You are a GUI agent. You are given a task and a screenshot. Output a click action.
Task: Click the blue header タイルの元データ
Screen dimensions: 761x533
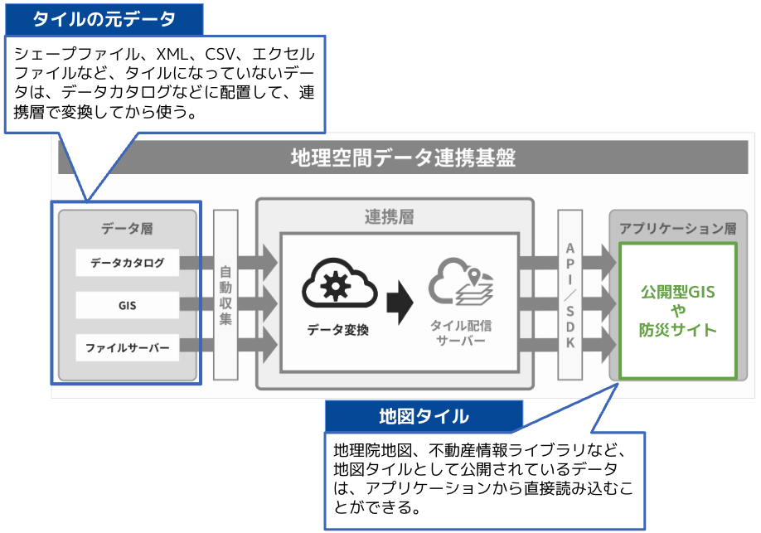[104, 19]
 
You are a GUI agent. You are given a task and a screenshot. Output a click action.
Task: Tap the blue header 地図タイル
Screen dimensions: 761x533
[424, 416]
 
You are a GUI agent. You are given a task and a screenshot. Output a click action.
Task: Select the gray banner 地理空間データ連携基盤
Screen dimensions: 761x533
[403, 157]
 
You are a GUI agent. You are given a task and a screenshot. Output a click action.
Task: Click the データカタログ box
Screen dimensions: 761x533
[127, 263]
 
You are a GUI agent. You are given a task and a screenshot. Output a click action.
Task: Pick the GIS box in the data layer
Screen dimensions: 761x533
[127, 305]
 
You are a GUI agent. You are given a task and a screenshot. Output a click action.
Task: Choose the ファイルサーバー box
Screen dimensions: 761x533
[127, 347]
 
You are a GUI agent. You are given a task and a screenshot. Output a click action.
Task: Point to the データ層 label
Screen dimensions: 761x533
[127, 228]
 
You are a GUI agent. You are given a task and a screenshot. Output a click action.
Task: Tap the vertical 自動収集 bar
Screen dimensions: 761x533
[225, 294]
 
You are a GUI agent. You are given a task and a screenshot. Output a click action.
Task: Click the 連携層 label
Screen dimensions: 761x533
[390, 217]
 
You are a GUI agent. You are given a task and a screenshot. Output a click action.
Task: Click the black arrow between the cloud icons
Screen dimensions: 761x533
[400, 302]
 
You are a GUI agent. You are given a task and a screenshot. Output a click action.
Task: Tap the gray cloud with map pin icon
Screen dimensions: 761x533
[461, 282]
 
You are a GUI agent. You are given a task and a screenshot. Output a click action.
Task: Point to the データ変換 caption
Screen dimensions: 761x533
[337, 330]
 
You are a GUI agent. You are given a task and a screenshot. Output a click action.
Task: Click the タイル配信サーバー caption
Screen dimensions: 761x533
[461, 332]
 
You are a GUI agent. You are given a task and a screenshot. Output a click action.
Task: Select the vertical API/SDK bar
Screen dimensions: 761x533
[570, 294]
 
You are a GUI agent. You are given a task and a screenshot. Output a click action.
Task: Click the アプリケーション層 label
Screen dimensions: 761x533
[678, 228]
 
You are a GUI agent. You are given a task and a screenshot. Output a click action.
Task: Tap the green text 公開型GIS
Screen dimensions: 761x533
[678, 292]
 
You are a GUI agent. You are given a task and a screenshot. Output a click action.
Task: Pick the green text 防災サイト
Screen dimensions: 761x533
[678, 330]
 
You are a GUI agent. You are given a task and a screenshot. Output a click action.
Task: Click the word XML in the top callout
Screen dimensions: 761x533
[172, 54]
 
